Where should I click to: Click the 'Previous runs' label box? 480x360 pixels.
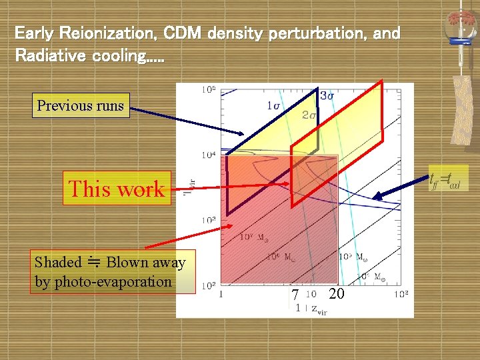(80, 105)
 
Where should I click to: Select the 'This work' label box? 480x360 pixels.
(117, 189)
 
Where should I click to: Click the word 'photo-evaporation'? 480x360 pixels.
(112, 281)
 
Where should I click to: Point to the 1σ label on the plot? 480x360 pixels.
(273, 105)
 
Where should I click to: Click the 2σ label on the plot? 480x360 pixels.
(309, 115)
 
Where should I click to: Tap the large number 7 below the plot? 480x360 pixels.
(293, 295)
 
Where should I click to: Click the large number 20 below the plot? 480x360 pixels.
(337, 293)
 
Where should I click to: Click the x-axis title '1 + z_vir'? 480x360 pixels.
(311, 309)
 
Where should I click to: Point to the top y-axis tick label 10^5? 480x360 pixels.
(208, 89)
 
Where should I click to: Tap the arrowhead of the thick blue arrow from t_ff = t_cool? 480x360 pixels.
(375, 197)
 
